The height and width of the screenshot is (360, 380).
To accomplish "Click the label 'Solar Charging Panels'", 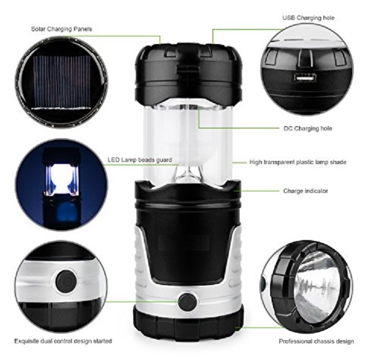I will (x=61, y=29).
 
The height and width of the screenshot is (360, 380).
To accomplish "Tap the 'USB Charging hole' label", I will (x=308, y=18).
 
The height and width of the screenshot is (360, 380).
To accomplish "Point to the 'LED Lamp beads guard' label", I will (x=139, y=160).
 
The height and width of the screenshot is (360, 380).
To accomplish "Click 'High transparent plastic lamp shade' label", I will (x=298, y=163).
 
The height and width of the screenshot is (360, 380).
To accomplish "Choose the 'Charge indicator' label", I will (x=306, y=191).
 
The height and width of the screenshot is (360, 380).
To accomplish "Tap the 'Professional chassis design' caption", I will (x=317, y=341).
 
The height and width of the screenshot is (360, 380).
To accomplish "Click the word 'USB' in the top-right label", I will (x=288, y=18).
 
